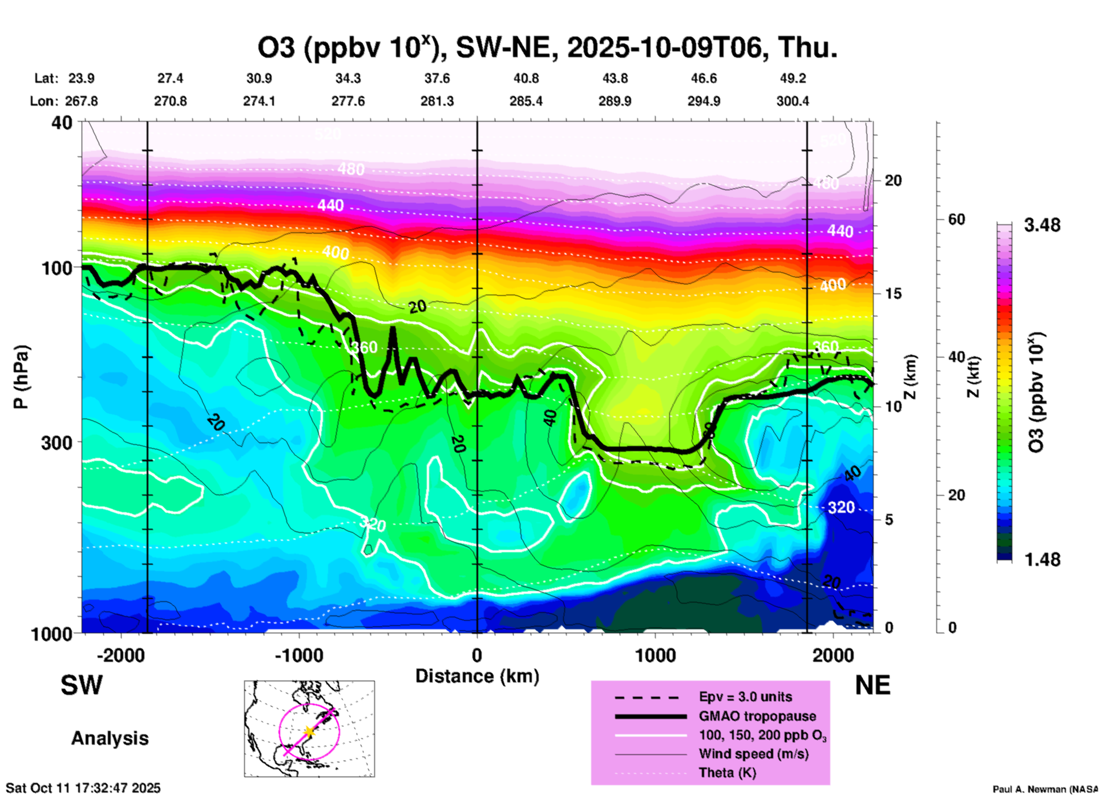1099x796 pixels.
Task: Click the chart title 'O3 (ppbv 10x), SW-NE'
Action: click(x=547, y=48)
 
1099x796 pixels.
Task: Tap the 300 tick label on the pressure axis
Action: click(x=56, y=443)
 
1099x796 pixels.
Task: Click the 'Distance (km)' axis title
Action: click(x=477, y=676)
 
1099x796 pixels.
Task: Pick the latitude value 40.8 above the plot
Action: click(x=526, y=78)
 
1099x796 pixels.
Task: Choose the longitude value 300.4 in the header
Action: click(x=793, y=101)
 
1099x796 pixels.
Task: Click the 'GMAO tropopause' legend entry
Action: click(x=757, y=716)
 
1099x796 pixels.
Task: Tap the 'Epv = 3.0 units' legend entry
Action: click(x=745, y=697)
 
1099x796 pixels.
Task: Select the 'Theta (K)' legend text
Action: click(x=727, y=773)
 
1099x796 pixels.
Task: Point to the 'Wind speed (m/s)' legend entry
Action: click(x=753, y=754)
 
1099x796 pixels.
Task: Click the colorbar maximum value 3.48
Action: click(x=1042, y=225)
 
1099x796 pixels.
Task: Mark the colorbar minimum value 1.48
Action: click(x=1042, y=559)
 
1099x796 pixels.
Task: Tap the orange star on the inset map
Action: click(x=309, y=731)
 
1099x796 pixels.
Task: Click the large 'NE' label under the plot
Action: click(x=872, y=685)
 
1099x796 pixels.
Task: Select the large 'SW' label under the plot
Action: click(x=82, y=685)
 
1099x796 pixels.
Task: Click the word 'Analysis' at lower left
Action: click(x=110, y=738)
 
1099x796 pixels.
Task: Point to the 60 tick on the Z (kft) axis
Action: click(x=956, y=219)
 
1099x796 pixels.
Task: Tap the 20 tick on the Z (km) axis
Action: click(x=893, y=180)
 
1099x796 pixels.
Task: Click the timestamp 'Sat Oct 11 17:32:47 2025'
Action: click(x=83, y=788)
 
